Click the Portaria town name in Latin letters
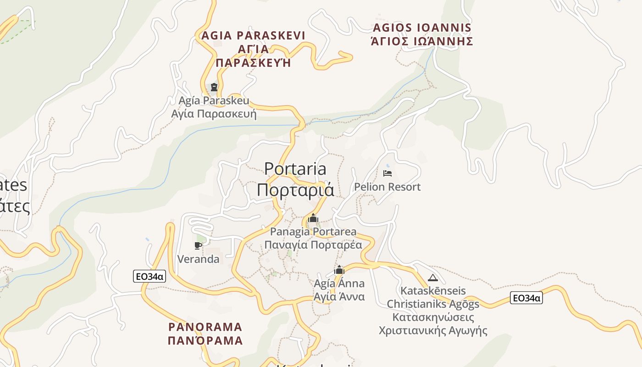click(295, 169)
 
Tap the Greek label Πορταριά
click(295, 189)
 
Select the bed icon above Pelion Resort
click(387, 173)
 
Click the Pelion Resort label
click(387, 187)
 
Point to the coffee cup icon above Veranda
click(198, 246)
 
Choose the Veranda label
click(198, 259)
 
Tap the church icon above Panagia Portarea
click(313, 218)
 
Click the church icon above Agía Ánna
click(339, 270)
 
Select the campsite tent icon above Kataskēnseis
click(432, 278)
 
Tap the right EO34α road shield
click(526, 298)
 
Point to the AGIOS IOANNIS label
click(422, 28)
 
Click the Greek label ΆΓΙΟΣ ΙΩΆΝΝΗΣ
click(422, 41)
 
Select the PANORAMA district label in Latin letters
click(205, 327)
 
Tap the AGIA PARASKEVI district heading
click(253, 35)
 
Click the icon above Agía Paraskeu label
click(214, 87)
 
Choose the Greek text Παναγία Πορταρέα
click(313, 245)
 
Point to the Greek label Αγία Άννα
click(339, 296)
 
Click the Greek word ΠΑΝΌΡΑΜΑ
click(205, 340)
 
